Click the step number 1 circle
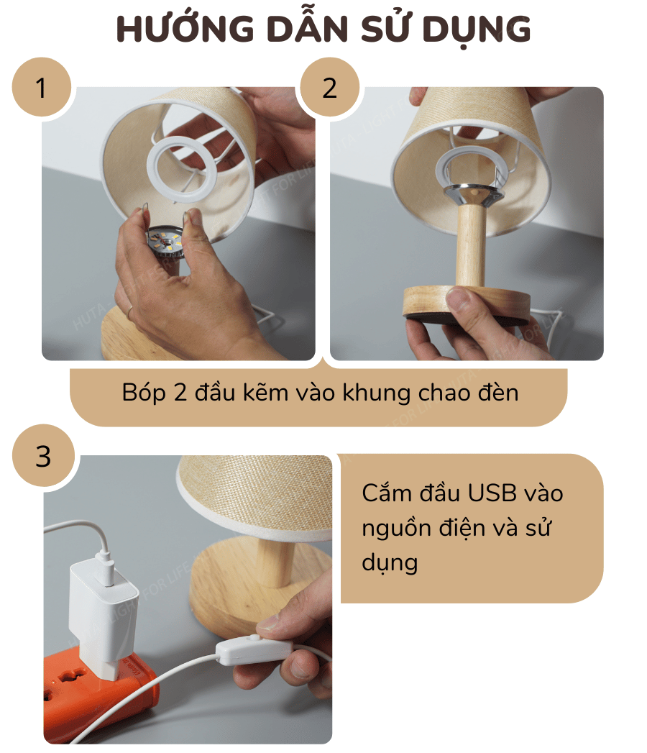click(x=41, y=88)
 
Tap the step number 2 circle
click(x=329, y=88)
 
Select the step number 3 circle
click(x=43, y=456)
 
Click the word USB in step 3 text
click(x=493, y=493)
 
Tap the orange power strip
click(x=101, y=690)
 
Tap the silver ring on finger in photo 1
click(x=129, y=311)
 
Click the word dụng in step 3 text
click(x=390, y=562)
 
